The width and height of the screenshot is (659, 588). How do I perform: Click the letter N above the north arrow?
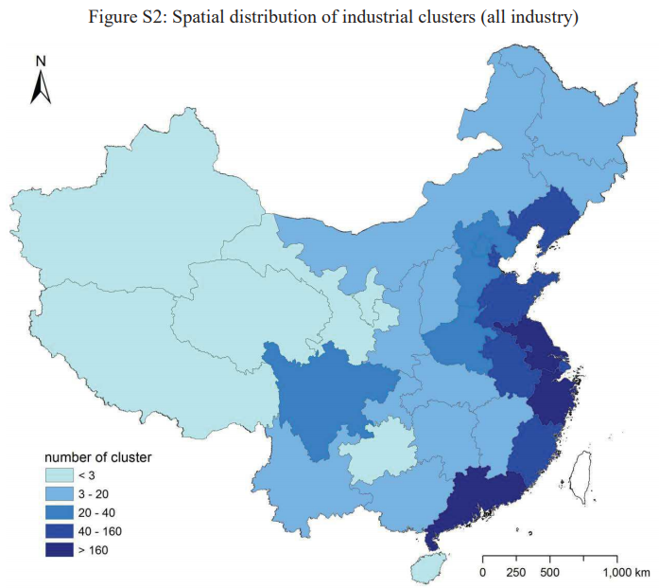pos(41,61)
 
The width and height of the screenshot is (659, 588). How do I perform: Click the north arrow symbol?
pos(41,87)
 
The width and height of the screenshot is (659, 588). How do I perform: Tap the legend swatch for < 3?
pos(60,474)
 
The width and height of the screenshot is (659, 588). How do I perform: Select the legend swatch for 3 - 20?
pos(60,493)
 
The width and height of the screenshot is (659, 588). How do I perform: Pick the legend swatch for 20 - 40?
pos(60,512)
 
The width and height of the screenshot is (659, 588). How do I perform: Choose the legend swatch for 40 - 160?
pos(60,530)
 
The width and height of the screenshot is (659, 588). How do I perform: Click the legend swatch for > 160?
pos(60,549)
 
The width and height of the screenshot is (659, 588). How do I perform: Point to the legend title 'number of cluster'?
pos(98,457)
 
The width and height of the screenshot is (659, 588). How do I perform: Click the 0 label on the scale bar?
pos(483,572)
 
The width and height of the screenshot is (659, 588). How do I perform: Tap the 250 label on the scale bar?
pos(517,572)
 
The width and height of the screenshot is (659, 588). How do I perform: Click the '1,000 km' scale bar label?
pos(625,572)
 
